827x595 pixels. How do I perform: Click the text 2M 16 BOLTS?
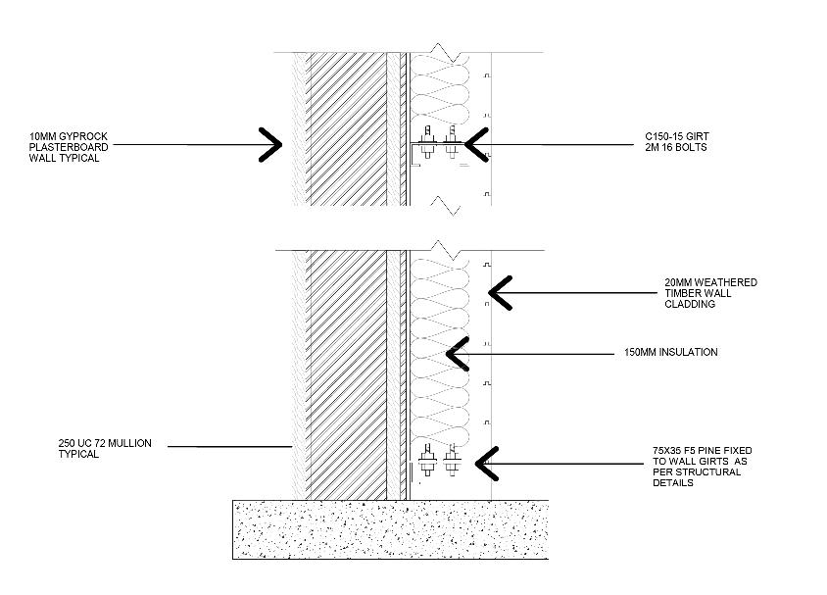[675, 148]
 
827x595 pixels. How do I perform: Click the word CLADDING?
[690, 305]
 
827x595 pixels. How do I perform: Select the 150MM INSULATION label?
[670, 353]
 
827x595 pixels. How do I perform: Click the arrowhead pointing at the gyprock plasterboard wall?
[270, 144]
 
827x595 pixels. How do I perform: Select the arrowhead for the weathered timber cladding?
[499, 293]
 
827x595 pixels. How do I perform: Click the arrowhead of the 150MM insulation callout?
[454, 353]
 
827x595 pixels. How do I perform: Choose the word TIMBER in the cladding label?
[681, 294]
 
